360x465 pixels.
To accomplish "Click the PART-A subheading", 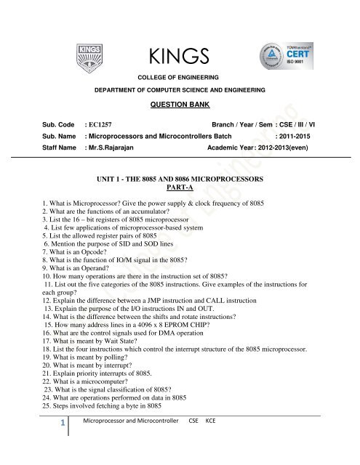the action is (x=179, y=186).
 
